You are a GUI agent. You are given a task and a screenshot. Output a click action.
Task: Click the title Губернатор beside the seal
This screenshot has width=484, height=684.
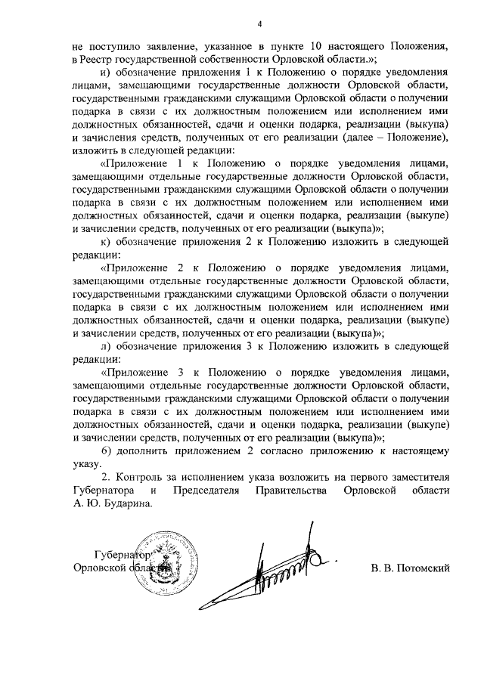tap(119, 554)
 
